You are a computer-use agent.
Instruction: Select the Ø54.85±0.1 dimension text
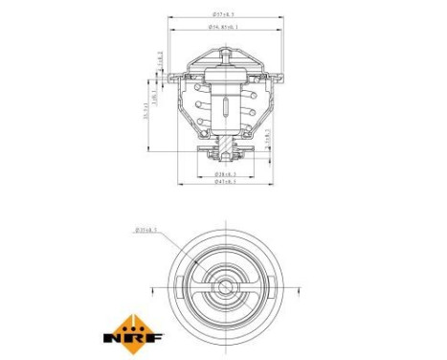(x=225, y=28)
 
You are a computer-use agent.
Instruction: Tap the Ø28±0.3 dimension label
(x=226, y=174)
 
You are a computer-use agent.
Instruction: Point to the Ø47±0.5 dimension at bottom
(x=226, y=183)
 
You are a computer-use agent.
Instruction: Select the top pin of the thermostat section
(x=225, y=58)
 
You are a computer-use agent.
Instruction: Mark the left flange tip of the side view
(x=171, y=77)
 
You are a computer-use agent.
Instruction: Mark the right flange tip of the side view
(x=279, y=77)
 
